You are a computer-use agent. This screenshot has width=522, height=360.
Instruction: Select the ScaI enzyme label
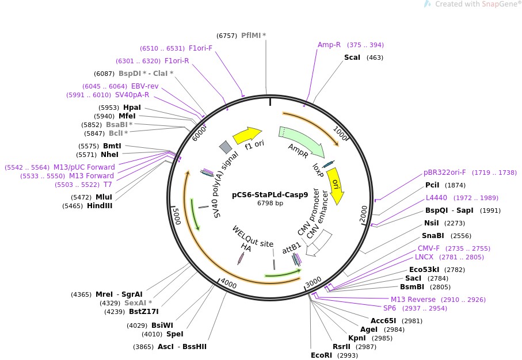(352, 58)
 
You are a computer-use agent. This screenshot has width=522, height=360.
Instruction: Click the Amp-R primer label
(329, 45)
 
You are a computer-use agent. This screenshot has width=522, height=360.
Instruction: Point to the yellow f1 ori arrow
(247, 136)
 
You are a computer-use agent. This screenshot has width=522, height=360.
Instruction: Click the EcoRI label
(321, 355)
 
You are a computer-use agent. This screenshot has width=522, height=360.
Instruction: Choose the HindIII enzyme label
(100, 205)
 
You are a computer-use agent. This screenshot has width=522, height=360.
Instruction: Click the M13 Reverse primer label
(413, 300)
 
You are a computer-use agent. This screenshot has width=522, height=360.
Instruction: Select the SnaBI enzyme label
(433, 236)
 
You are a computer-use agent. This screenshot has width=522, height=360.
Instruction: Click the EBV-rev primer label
(145, 86)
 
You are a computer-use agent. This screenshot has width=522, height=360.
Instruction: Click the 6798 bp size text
(270, 203)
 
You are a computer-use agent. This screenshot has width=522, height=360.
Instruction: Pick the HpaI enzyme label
(132, 108)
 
